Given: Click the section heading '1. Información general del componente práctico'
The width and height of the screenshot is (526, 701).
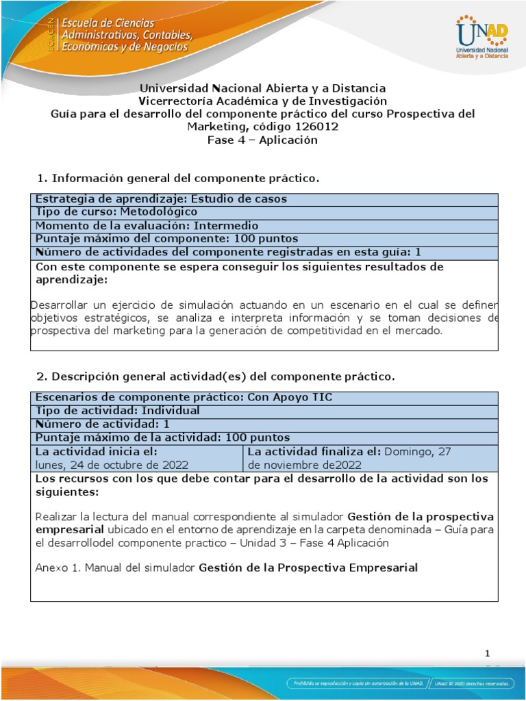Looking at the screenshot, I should [x=177, y=179].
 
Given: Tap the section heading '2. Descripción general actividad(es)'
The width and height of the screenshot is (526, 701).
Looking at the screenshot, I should [x=215, y=377].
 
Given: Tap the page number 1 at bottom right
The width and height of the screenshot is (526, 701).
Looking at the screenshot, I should [x=488, y=654].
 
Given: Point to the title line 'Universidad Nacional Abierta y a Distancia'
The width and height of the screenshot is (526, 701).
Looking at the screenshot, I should [x=263, y=88].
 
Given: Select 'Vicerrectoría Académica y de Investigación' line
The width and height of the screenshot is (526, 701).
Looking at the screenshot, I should [x=263, y=101].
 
